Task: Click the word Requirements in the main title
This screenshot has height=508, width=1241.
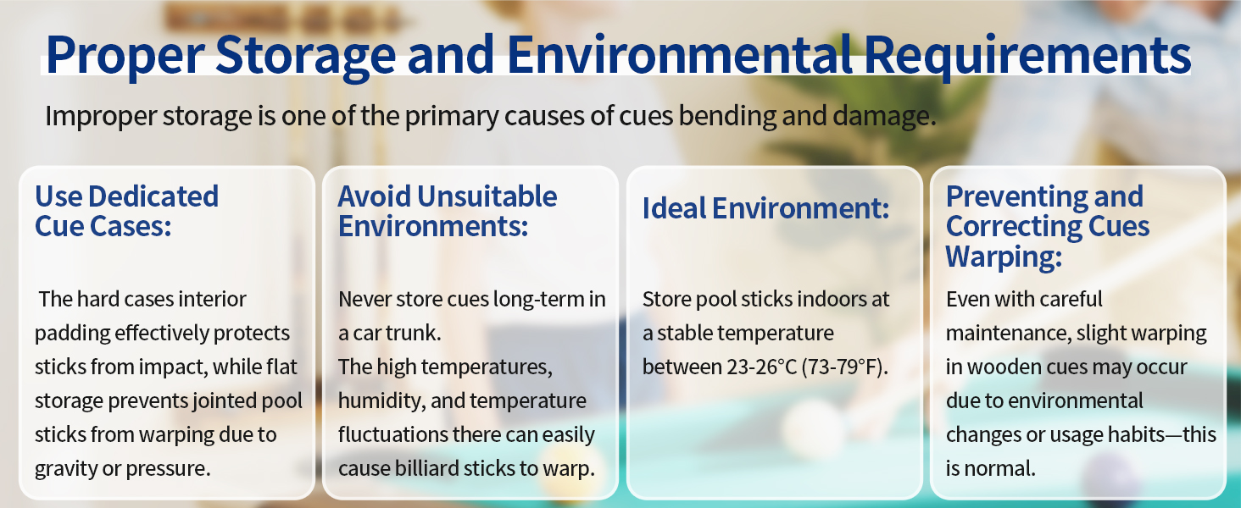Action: [1027, 56]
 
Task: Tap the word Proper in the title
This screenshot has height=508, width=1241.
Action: [125, 56]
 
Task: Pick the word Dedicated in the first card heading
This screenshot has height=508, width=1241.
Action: [153, 196]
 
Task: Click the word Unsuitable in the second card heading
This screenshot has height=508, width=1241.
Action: [487, 196]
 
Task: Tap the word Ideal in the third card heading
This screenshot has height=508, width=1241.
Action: [674, 208]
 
